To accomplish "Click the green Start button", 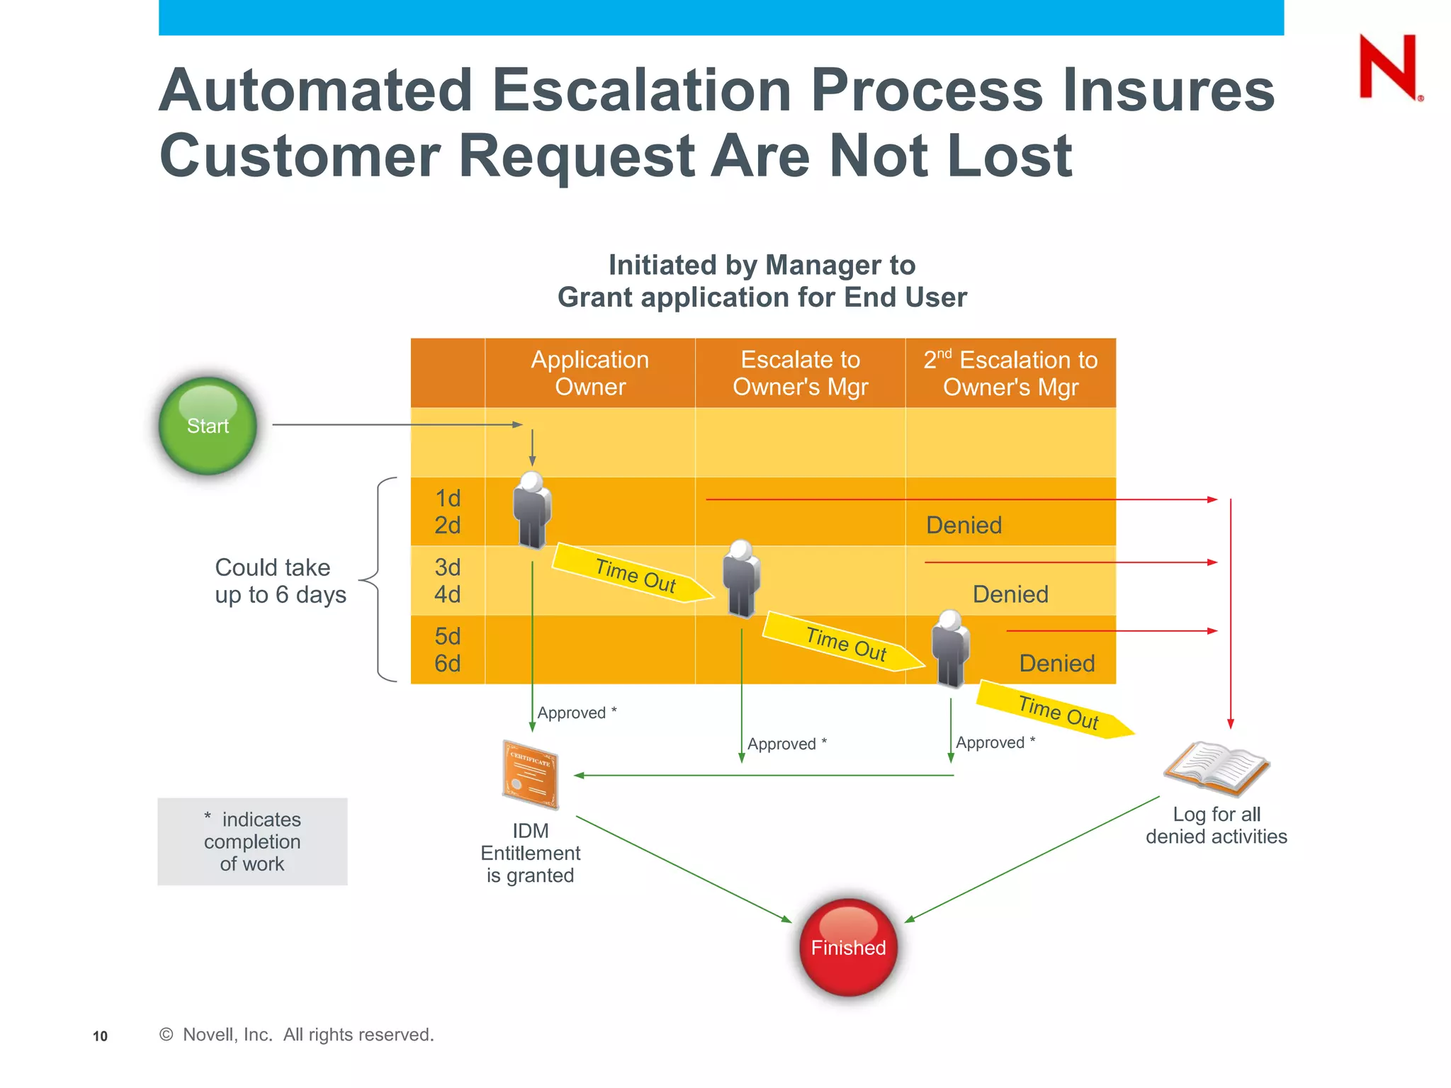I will coord(208,426).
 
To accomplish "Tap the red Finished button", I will coord(848,947).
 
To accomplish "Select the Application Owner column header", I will coord(589,373).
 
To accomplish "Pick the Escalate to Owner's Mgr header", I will coord(800,373).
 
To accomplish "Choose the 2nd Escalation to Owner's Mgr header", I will coord(1010,373).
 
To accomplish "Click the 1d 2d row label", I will coord(447,511).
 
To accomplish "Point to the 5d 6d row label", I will coord(447,650).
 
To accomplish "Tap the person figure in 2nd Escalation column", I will coord(949,649).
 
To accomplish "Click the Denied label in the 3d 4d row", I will coord(1010,594).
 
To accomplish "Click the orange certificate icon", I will coord(531,775).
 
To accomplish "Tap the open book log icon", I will coord(1216,769).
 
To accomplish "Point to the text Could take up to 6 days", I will coord(280,581).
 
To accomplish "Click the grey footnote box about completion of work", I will coord(252,841).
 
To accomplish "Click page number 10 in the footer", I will coord(100,1036).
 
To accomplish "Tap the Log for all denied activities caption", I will coord(1216,825).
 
